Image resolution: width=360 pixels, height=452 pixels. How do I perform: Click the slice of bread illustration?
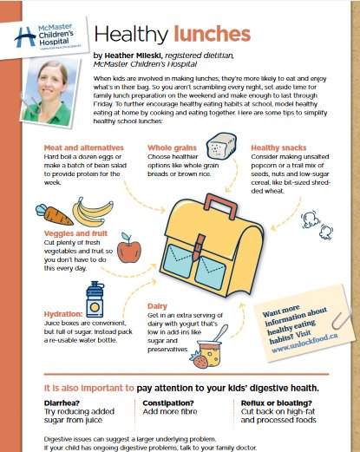pyautogui.click(x=226, y=145)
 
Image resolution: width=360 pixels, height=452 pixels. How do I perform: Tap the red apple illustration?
pyautogui.click(x=129, y=252)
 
